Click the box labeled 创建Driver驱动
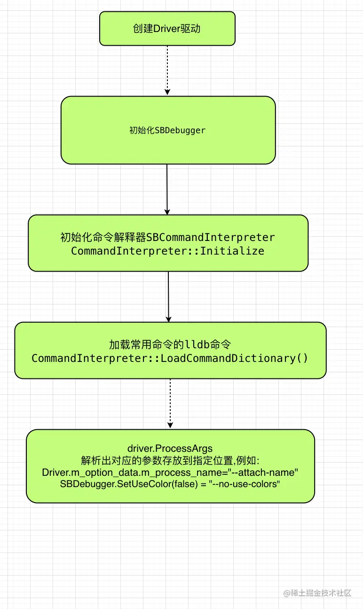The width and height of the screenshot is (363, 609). [x=167, y=29]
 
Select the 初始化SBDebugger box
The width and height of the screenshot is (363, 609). [x=168, y=130]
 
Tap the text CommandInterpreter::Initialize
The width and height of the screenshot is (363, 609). [x=168, y=251]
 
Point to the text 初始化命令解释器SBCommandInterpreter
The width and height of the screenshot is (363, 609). [x=168, y=237]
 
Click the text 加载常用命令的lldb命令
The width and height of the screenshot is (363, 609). [x=170, y=345]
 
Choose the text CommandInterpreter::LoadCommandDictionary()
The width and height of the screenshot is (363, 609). [x=170, y=358]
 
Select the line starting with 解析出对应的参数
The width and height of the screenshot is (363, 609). [x=170, y=460]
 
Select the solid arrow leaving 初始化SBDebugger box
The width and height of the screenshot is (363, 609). [x=167, y=188]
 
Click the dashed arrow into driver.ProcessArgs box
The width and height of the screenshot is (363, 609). [x=170, y=402]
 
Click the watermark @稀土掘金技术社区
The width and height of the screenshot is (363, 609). [x=317, y=593]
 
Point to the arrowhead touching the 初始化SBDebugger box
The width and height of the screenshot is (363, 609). [x=167, y=92]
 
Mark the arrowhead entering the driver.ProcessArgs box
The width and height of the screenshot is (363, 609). [x=170, y=425]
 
